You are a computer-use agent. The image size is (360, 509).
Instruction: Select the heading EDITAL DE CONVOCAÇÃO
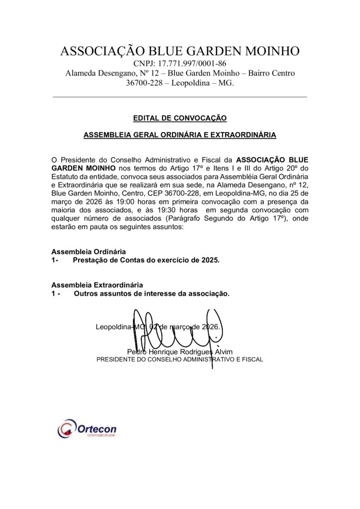point(180,118)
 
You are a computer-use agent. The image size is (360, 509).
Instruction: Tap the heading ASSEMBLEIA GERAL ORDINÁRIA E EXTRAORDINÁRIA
point(180,135)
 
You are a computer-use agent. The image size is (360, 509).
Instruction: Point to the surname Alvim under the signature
point(230,352)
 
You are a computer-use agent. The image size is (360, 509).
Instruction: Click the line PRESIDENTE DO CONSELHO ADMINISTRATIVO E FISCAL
point(180,359)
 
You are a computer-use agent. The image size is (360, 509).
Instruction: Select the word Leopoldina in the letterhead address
point(195,83)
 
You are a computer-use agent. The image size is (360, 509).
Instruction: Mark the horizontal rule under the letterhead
point(180,96)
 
